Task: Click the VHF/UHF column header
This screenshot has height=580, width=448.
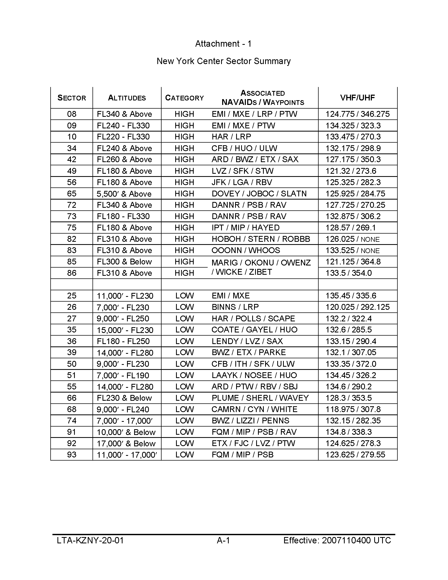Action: pyautogui.click(x=357, y=98)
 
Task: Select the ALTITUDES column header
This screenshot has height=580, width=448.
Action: pyautogui.click(x=127, y=98)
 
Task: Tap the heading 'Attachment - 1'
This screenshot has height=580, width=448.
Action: pyautogui.click(x=223, y=43)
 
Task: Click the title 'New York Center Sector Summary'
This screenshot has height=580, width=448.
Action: pyautogui.click(x=223, y=61)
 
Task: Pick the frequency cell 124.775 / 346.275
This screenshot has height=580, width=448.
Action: pyautogui.click(x=357, y=114)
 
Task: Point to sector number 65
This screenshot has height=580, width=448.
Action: pyautogui.click(x=72, y=194)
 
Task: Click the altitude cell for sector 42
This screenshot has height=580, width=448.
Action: pyautogui.click(x=124, y=159)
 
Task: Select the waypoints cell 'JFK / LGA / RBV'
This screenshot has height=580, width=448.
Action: pyautogui.click(x=242, y=182)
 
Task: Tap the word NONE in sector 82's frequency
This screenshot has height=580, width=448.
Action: pyautogui.click(x=370, y=239)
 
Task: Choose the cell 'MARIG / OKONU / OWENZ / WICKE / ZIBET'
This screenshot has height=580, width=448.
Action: pyautogui.click(x=261, y=267)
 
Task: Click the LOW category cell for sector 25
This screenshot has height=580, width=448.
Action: pyautogui.click(x=184, y=296)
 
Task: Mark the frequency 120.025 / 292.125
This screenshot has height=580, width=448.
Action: pyautogui.click(x=357, y=307)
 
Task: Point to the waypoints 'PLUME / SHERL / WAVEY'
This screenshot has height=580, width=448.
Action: pyautogui.click(x=260, y=398)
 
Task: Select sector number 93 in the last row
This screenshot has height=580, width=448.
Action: pyautogui.click(x=72, y=455)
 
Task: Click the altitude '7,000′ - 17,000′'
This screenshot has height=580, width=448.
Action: pyautogui.click(x=124, y=421)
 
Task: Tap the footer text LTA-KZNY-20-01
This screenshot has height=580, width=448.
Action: pyautogui.click(x=90, y=540)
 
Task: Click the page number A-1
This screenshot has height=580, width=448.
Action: pyautogui.click(x=223, y=540)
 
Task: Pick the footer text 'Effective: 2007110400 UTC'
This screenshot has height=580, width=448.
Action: pyautogui.click(x=337, y=540)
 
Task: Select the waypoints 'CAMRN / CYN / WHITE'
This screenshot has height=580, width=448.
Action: pyautogui.click(x=254, y=409)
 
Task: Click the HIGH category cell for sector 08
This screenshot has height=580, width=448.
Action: pyautogui.click(x=184, y=114)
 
